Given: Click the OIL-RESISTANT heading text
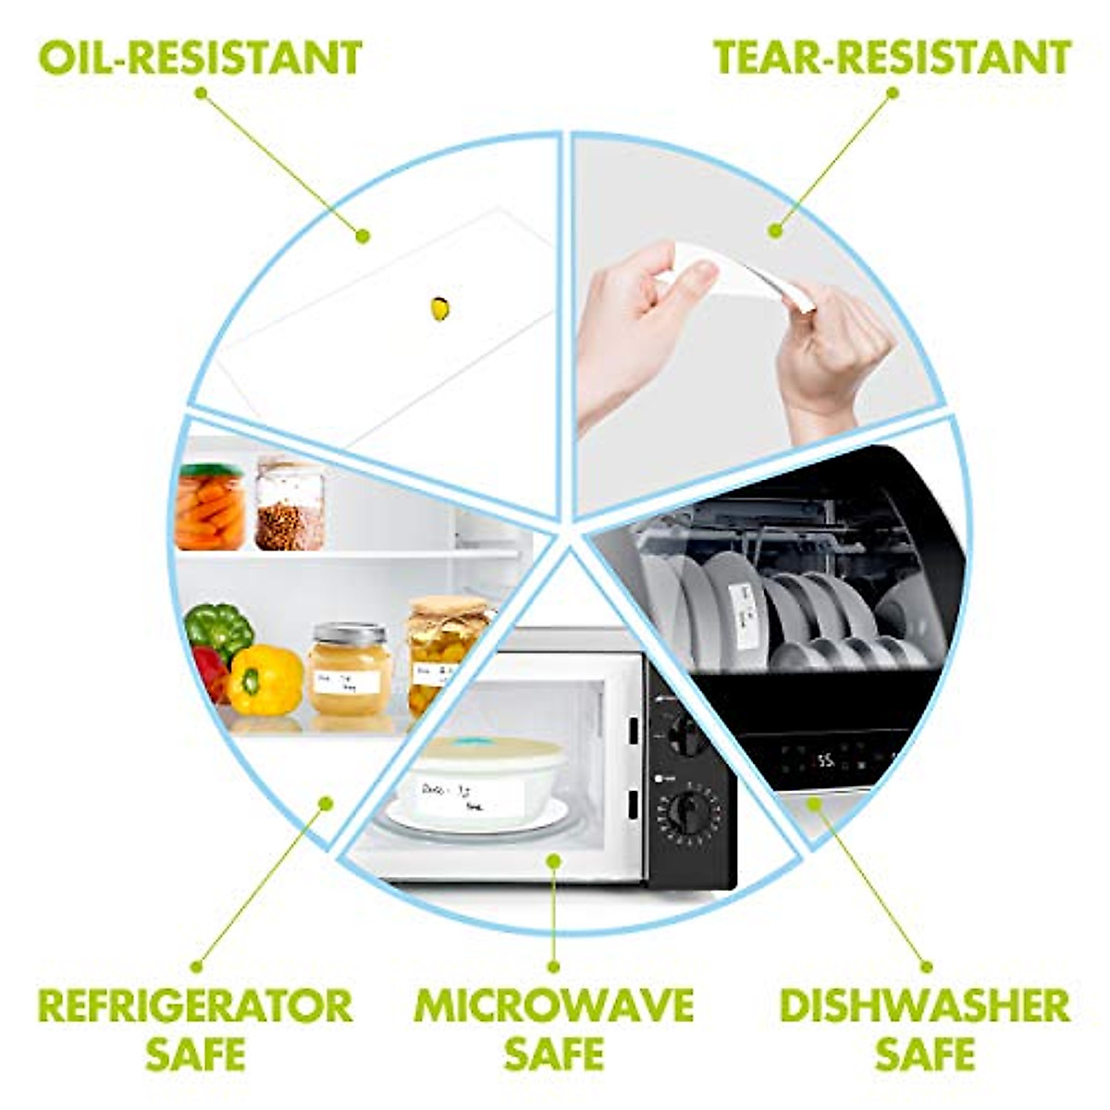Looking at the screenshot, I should click(200, 57).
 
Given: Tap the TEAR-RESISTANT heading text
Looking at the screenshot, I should click(892, 57).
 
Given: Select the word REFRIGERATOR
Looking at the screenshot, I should click(196, 1005).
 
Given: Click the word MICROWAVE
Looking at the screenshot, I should click(553, 1005).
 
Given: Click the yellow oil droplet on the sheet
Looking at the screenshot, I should click(440, 308).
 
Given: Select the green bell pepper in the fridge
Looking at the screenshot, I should click(219, 629).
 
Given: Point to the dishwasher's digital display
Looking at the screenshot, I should click(826, 761).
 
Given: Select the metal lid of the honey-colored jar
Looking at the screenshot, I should click(349, 635).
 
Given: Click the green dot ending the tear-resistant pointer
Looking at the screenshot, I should click(775, 230).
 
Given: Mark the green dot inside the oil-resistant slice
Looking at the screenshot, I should click(363, 237).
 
